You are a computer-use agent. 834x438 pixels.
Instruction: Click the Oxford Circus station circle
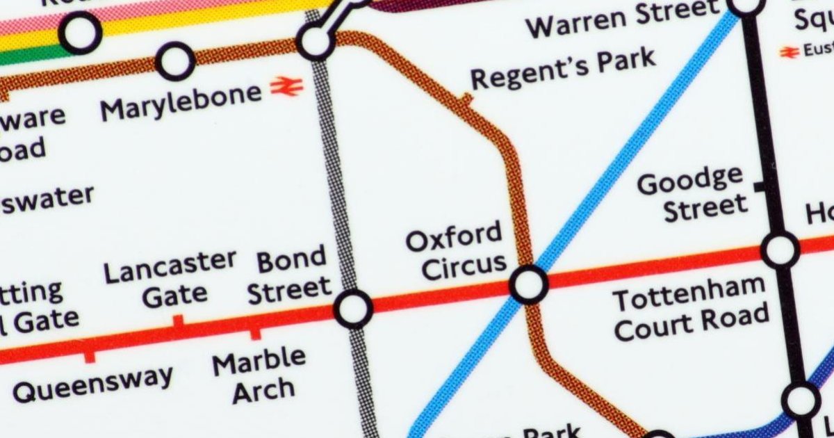coord(528,284)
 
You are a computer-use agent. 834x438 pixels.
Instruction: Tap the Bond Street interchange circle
coord(353,308)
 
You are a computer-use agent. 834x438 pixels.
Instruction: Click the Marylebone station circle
coord(175,61)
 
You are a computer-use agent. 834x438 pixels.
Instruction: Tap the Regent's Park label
coord(563,68)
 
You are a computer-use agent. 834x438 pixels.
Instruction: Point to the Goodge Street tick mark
coord(760,186)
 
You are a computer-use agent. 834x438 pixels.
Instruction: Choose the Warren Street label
coord(622,19)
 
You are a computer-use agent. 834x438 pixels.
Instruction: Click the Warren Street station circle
coord(746,4)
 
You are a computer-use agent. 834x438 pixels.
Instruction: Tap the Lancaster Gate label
coord(170,279)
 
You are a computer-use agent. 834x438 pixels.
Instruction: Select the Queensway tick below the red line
coord(89,355)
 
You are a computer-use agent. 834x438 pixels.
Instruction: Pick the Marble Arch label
coord(259,376)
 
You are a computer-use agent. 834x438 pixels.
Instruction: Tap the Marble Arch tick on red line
coord(256,333)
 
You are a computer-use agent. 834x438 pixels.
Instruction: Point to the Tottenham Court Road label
coord(691,314)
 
